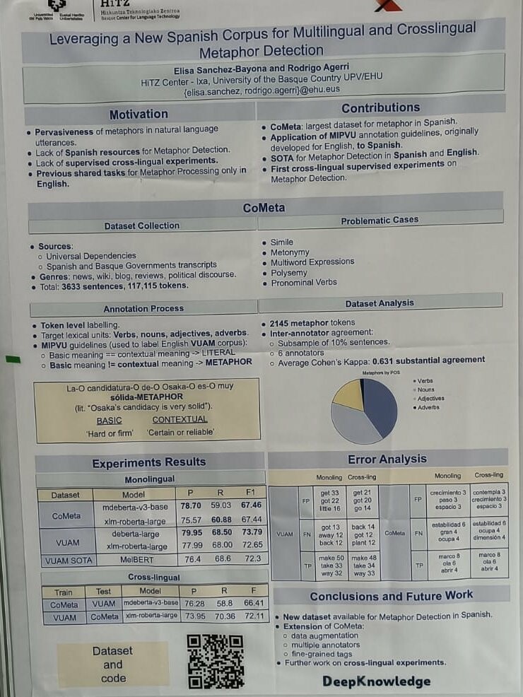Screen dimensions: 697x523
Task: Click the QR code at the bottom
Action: (x=216, y=661)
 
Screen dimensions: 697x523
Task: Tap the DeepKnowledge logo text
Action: (x=376, y=681)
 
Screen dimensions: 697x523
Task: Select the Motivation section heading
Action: (x=139, y=115)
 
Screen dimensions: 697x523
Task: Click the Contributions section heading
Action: (x=380, y=108)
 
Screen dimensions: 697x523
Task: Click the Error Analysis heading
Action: (x=387, y=459)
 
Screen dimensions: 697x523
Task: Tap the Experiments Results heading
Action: (x=149, y=463)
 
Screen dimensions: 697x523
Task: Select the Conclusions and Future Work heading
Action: (x=391, y=596)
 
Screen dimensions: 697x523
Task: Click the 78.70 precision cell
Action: (x=191, y=505)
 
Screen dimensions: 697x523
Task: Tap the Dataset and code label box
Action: (x=113, y=664)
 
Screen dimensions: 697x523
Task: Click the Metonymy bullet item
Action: (x=290, y=252)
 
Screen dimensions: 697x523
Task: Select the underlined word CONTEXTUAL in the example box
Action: (x=180, y=419)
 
